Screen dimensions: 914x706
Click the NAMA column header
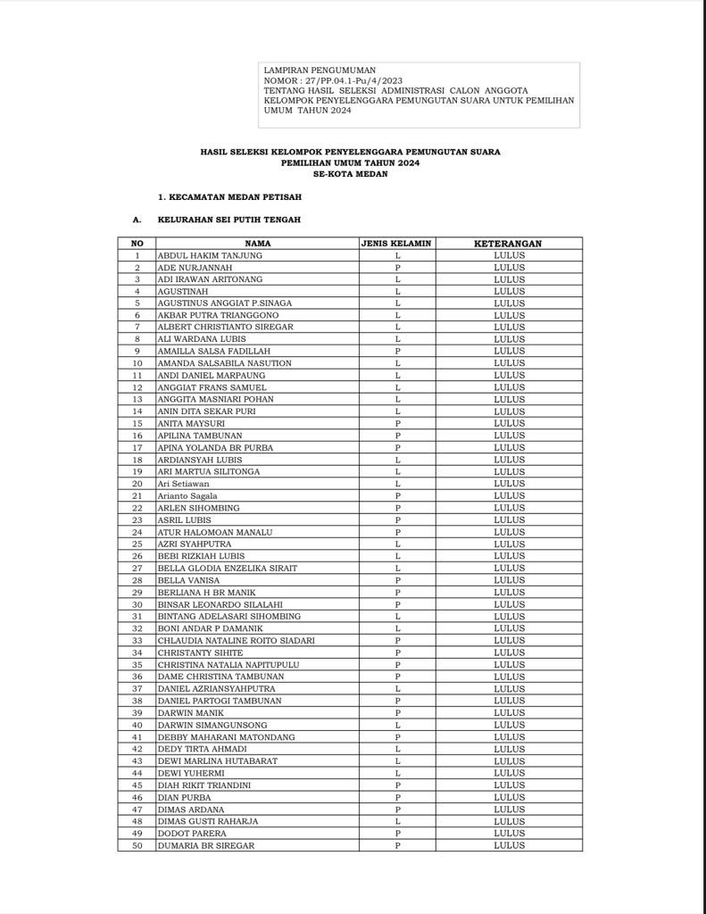(x=258, y=243)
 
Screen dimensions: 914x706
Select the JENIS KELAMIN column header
(x=397, y=243)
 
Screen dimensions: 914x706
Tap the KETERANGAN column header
(x=508, y=243)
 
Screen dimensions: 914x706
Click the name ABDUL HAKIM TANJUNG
(x=210, y=255)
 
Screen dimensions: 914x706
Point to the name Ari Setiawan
(x=184, y=484)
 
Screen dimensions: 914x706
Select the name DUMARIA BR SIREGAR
(x=206, y=845)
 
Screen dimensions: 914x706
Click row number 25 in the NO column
(x=137, y=544)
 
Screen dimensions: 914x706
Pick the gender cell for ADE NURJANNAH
(x=397, y=267)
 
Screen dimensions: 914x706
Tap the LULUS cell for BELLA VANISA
(x=509, y=580)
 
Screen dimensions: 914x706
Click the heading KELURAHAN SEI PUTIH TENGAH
(x=229, y=219)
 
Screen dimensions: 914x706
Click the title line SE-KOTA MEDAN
(x=350, y=174)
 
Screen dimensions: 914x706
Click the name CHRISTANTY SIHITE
(x=200, y=652)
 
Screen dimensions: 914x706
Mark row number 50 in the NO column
(x=137, y=845)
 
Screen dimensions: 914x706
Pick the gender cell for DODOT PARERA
(x=397, y=834)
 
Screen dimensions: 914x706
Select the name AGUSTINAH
(x=184, y=291)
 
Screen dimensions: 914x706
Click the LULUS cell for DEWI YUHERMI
(x=509, y=773)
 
